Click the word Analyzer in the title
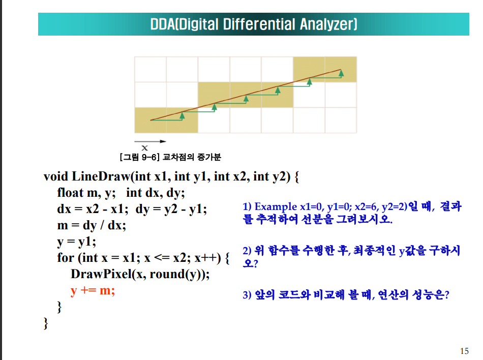click(328, 24)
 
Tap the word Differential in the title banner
click(259, 24)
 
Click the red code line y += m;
click(93, 291)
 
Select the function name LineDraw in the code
click(101, 176)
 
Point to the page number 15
click(464, 351)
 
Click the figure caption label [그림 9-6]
click(139, 157)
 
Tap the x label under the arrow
click(144, 148)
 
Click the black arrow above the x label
click(150, 141)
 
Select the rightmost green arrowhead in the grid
click(341, 73)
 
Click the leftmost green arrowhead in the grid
click(182, 116)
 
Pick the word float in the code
click(70, 193)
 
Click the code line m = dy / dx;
click(92, 225)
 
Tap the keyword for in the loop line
click(66, 258)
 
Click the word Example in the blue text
click(276, 206)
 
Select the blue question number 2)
click(247, 251)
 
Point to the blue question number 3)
click(247, 295)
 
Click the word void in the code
click(56, 176)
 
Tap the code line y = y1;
click(77, 242)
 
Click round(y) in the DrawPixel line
click(177, 274)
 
